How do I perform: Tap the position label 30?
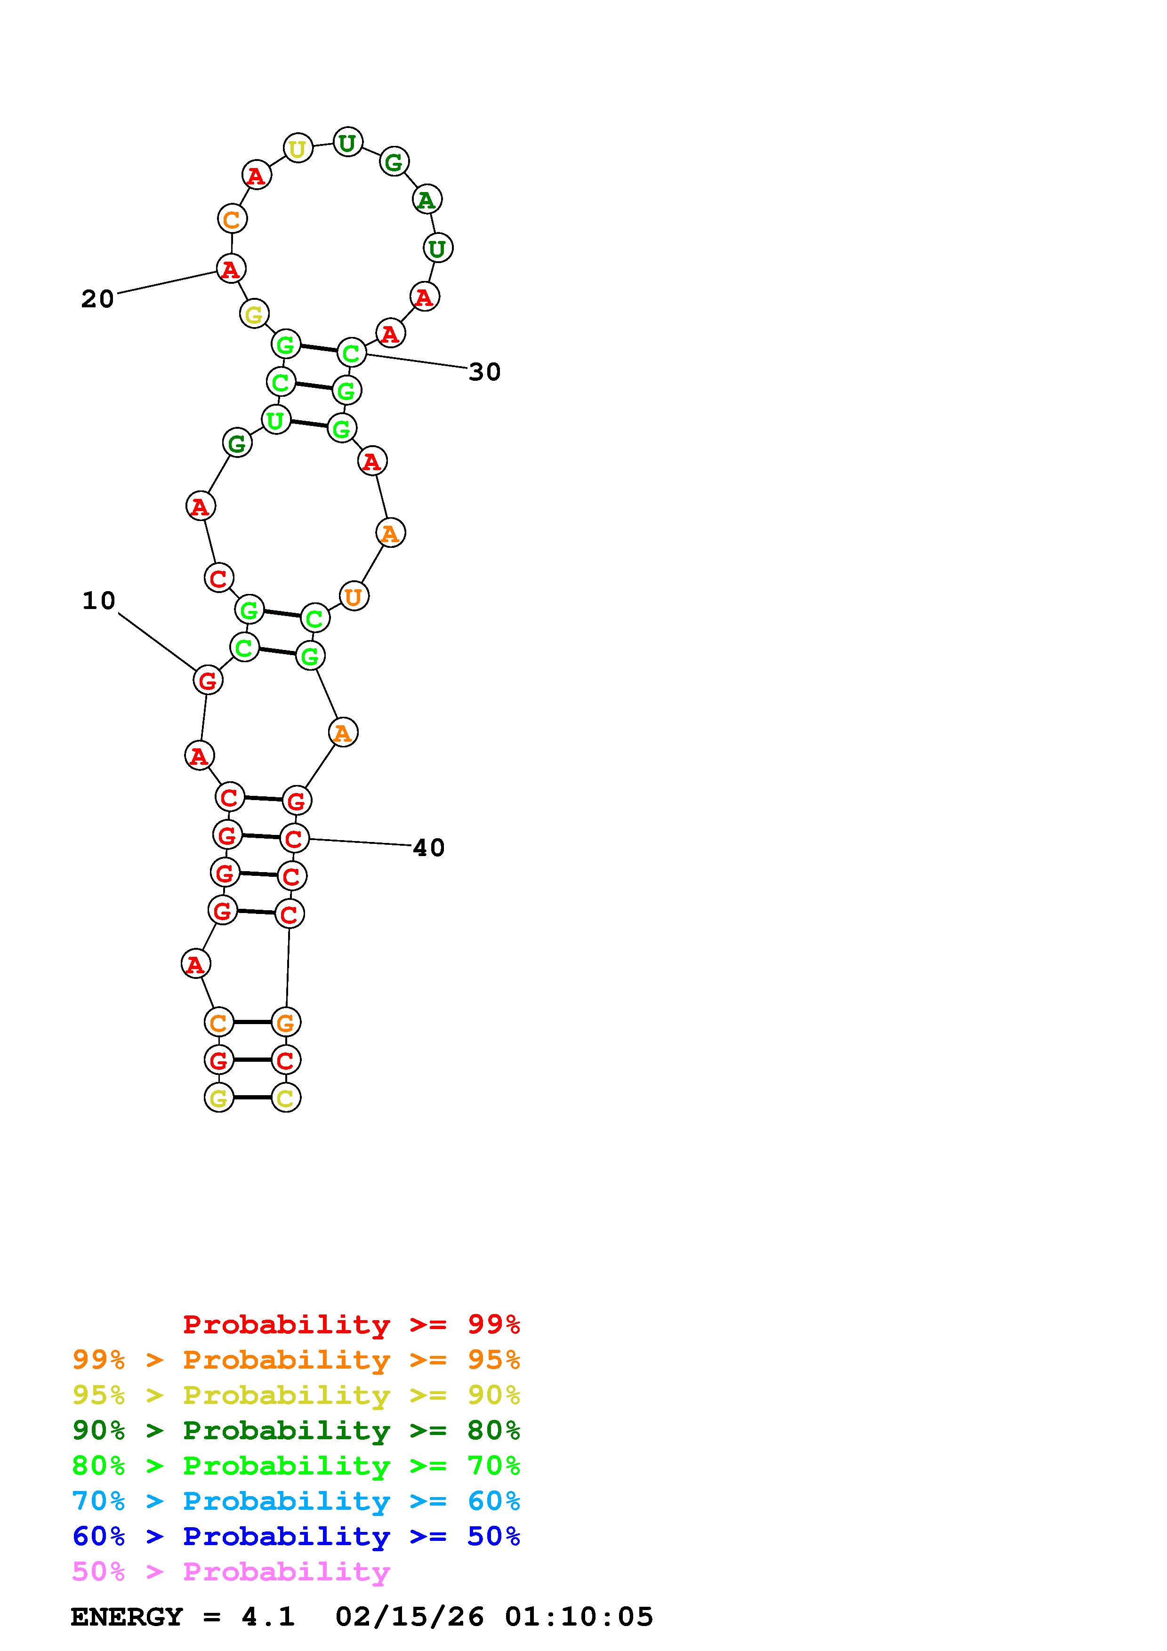484,372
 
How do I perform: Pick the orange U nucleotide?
353,596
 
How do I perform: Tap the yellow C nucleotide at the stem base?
285,1098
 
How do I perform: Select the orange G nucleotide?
285,1022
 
